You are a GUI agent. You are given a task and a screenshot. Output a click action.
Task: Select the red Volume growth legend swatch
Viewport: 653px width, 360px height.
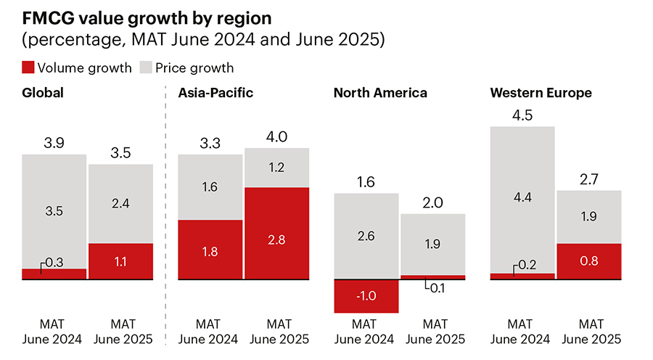click(28, 68)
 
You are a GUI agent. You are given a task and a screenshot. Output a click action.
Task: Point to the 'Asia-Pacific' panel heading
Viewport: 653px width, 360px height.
click(215, 93)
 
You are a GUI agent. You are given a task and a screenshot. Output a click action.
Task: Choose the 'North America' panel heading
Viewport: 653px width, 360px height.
click(380, 93)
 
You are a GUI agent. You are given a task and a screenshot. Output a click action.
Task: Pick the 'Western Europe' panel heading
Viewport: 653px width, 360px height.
click(541, 93)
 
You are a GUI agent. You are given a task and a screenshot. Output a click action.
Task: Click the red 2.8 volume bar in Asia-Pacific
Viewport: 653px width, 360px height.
click(276, 233)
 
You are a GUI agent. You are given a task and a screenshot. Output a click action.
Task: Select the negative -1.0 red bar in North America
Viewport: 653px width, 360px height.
click(366, 296)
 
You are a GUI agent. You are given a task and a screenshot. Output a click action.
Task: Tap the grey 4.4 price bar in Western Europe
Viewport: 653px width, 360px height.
click(522, 200)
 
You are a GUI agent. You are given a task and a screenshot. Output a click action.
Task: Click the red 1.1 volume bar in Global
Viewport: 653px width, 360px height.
click(120, 261)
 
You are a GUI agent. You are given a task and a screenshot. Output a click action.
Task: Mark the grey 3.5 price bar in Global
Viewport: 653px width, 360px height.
click(54, 210)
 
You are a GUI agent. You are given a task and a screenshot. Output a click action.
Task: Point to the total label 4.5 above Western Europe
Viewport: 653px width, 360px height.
click(522, 115)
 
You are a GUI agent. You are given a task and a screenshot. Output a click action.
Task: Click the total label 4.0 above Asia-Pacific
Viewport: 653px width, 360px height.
click(276, 137)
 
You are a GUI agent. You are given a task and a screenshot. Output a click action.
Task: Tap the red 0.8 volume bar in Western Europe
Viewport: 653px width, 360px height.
click(588, 261)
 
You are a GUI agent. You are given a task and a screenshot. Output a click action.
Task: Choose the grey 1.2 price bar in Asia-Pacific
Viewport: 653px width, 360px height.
click(276, 168)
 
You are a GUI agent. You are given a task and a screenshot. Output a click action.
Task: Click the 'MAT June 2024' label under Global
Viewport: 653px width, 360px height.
click(54, 331)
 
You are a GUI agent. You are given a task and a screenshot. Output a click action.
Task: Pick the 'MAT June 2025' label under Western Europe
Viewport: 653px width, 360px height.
click(588, 331)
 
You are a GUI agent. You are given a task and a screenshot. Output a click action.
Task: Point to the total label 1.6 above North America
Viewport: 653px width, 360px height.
click(366, 182)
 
